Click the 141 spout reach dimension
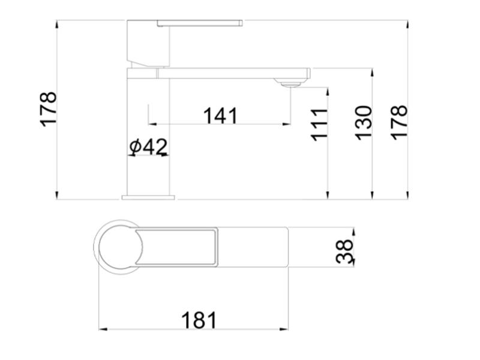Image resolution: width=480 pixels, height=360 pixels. pyautogui.click(x=220, y=116)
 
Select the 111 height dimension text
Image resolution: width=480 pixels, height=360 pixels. pyautogui.click(x=319, y=125)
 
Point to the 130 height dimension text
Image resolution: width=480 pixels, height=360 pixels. pyautogui.click(x=364, y=122)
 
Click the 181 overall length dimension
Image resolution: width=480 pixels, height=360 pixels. pyautogui.click(x=199, y=320)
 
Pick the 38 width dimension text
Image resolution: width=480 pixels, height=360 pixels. pyautogui.click(x=344, y=251)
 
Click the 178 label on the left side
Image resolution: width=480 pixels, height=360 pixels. pyautogui.click(x=49, y=109)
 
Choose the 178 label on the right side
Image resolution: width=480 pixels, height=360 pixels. pyautogui.click(x=399, y=122)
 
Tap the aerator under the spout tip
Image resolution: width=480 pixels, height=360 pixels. pyautogui.click(x=289, y=82)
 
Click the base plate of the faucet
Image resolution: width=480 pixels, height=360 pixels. pyautogui.click(x=148, y=197)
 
